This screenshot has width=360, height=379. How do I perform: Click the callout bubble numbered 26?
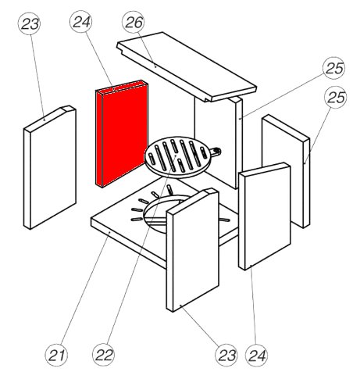(x=134, y=22)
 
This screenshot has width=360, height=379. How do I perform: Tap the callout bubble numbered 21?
(x=56, y=355)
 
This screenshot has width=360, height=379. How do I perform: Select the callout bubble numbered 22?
(x=104, y=355)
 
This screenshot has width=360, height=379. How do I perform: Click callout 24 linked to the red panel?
(x=81, y=22)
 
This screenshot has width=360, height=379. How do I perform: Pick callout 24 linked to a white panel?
(x=257, y=355)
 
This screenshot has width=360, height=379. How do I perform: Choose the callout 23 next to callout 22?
(x=226, y=355)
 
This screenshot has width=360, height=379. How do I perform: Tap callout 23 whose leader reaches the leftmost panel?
(x=30, y=23)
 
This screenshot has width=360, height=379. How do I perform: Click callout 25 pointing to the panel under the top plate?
(x=334, y=68)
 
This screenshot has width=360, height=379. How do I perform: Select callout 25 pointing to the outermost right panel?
(x=336, y=97)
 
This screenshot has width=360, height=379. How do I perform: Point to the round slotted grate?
(x=176, y=157)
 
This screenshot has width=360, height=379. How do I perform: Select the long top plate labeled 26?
(x=187, y=67)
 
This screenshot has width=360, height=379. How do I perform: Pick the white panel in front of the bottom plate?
(x=192, y=249)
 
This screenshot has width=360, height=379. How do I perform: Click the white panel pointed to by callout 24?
(x=265, y=216)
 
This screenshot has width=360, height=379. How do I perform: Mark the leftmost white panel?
(x=50, y=167)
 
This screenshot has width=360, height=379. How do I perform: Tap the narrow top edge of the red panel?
(x=122, y=87)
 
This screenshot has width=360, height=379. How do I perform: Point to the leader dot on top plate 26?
(x=155, y=66)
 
